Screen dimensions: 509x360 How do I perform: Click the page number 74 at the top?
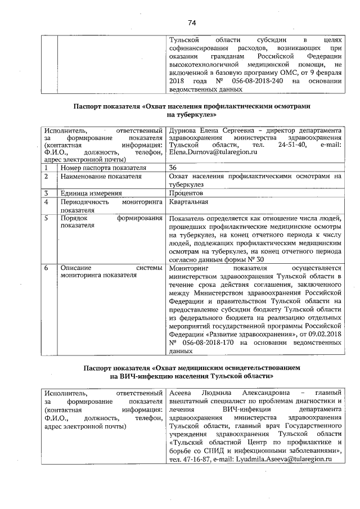(x=191, y=22)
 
